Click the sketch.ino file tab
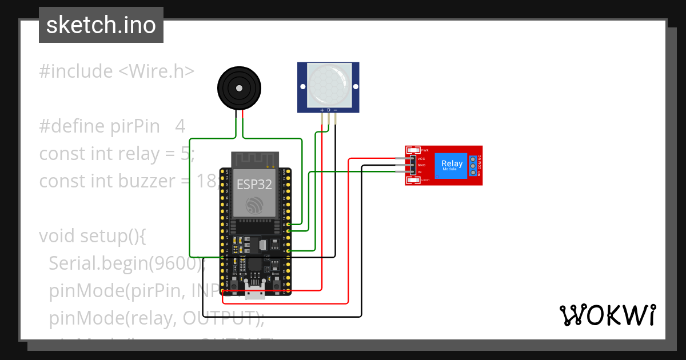[x=101, y=25]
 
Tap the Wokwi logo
[x=607, y=315]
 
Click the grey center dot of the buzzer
[x=239, y=89]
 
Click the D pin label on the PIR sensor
[x=329, y=109]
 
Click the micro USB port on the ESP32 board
[x=255, y=293]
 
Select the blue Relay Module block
[x=452, y=166]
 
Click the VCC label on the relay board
[x=421, y=158]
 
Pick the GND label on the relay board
[x=421, y=165]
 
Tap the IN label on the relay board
[x=420, y=172]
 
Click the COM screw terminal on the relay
[x=473, y=165]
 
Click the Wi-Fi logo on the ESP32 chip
[x=254, y=205]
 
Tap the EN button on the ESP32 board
[x=234, y=281]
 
